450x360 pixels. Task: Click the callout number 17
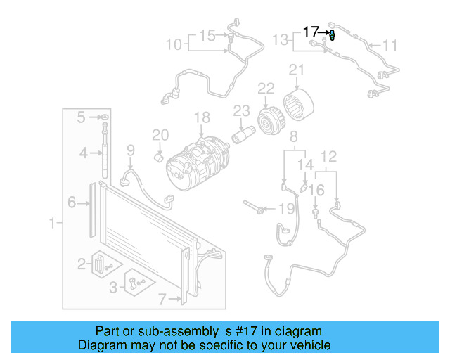pos(311,32)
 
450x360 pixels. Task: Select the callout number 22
pos(265,89)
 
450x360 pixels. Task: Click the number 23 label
pos(242,110)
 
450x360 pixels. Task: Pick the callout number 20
pos(160,134)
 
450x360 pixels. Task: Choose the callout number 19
pos(285,209)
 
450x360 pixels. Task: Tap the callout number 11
pos(390,46)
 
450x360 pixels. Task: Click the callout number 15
pos(207,34)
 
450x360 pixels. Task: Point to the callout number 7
pos(162,300)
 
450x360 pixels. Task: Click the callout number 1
pos(51,224)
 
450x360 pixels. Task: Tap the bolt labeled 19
pos(256,208)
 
